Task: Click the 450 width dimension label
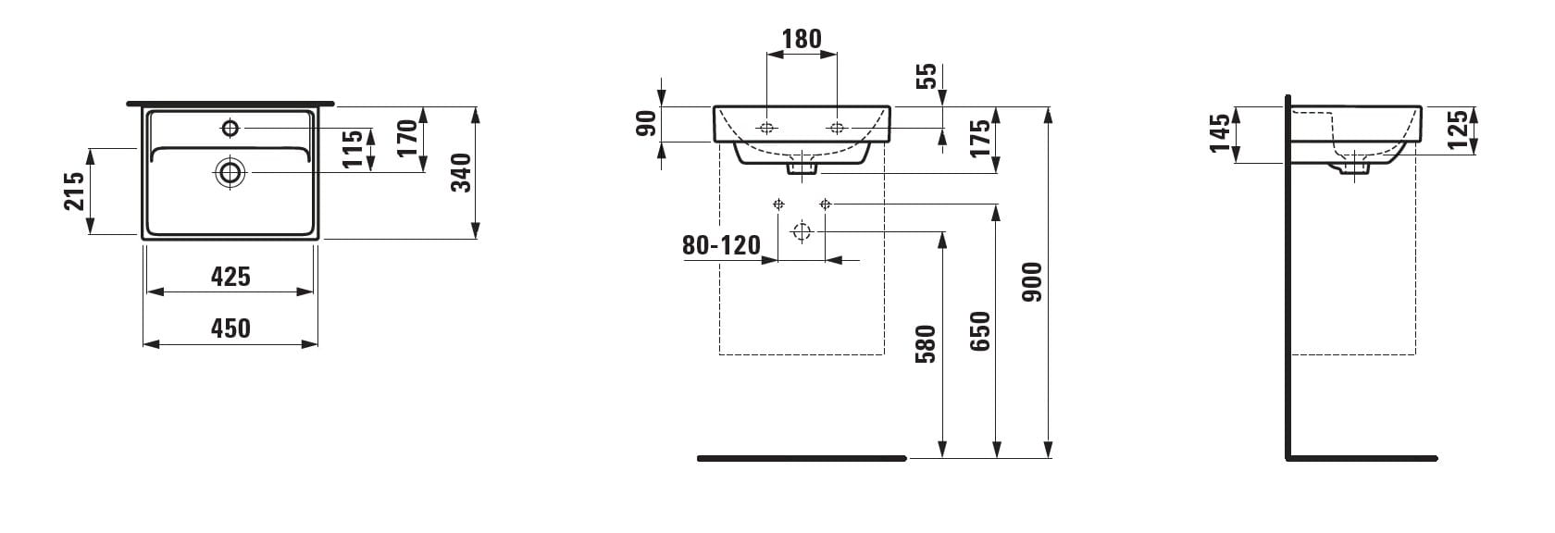tap(230, 328)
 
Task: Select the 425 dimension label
tap(230, 277)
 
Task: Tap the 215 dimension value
tap(74, 191)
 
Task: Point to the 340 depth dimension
tap(460, 173)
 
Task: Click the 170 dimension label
tap(407, 138)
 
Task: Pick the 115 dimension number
tap(353, 148)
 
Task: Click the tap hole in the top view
tap(230, 129)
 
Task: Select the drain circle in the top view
tap(230, 172)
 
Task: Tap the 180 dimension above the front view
tap(802, 39)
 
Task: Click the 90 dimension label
tap(646, 124)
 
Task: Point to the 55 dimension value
tap(927, 76)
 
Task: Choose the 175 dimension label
tap(980, 139)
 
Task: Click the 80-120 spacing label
tap(721, 245)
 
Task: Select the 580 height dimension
tap(926, 344)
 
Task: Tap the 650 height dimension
tap(979, 331)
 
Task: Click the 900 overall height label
tap(1032, 281)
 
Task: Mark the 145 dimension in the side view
tap(1220, 133)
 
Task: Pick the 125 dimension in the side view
tap(1458, 130)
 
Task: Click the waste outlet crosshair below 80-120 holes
tap(802, 231)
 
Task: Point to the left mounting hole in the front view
tap(766, 128)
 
